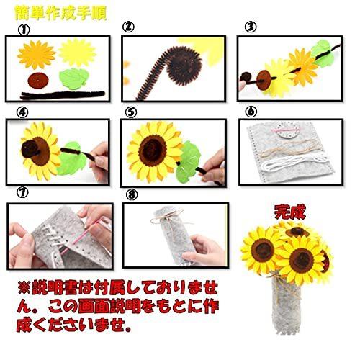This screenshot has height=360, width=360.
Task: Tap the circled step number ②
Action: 128,28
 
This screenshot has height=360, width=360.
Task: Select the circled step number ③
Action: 250,28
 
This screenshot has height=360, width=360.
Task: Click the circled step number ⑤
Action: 130,112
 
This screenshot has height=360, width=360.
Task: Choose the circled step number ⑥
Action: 250,112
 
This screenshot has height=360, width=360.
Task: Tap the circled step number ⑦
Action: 22,194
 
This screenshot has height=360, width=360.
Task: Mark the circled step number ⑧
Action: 130,194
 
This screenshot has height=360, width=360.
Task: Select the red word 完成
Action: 291,212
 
